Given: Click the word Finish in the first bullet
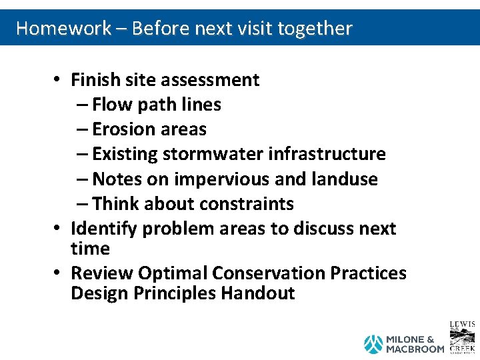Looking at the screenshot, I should [96, 80].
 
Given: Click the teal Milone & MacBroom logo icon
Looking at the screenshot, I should [373, 344].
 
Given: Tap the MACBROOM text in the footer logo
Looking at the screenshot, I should [415, 349].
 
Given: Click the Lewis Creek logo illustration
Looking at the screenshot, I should [463, 337].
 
